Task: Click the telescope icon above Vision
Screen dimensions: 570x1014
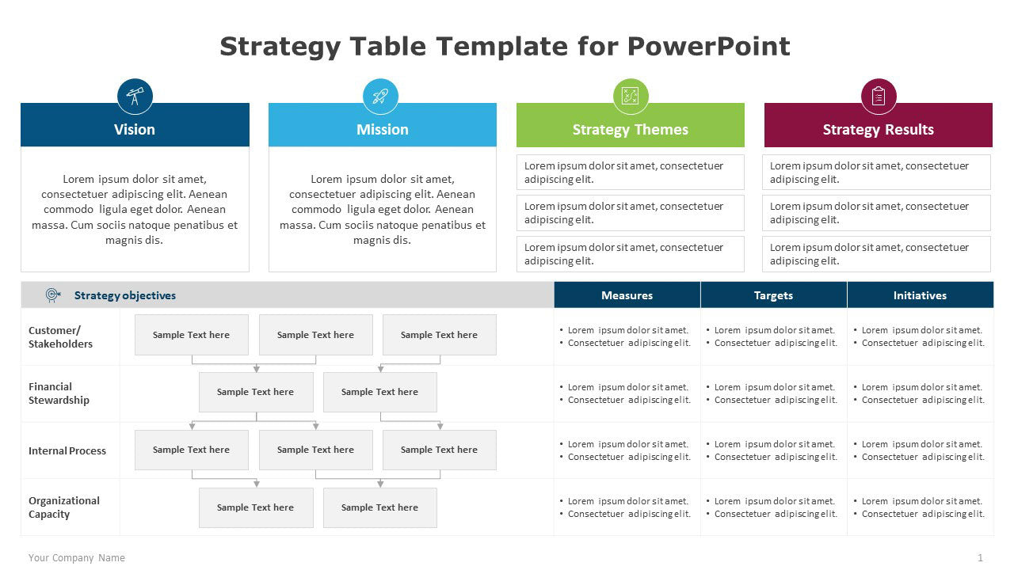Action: [135, 97]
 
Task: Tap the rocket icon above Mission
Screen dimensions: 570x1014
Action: [381, 97]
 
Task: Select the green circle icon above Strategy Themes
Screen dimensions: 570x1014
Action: [631, 97]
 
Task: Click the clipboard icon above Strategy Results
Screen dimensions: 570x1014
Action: [878, 97]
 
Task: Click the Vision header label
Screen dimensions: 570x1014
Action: [135, 130]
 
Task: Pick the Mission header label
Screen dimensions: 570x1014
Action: [383, 130]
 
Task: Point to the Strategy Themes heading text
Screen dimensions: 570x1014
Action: [631, 130]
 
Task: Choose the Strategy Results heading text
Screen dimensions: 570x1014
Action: [878, 130]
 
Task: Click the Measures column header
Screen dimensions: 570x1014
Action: [627, 295]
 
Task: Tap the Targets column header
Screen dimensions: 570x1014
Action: [773, 295]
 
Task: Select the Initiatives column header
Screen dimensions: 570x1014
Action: [920, 295]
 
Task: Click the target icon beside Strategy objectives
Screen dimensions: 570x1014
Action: [53, 295]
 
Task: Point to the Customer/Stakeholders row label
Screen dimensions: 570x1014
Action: [60, 337]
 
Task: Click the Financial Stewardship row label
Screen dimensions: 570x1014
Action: [59, 393]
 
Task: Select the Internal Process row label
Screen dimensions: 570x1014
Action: [67, 450]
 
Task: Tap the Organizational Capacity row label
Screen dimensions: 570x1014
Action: [64, 507]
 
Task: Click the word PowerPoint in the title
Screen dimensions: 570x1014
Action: [708, 47]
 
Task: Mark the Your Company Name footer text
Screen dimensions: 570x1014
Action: [77, 558]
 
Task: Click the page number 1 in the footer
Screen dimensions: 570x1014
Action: [980, 558]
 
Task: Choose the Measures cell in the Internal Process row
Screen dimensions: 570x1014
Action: [627, 450]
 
